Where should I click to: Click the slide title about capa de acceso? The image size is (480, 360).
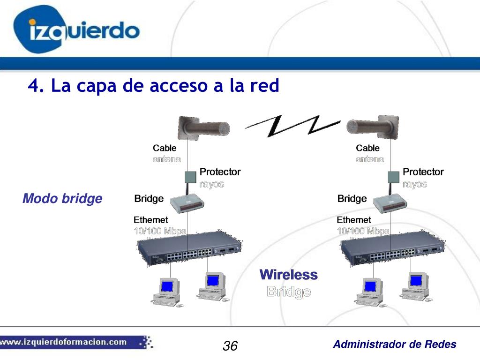[153, 86]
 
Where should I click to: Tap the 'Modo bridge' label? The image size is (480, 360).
[62, 199]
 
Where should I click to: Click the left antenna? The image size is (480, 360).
[203, 127]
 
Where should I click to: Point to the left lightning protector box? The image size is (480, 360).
[190, 177]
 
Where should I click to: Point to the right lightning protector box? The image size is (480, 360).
[394, 177]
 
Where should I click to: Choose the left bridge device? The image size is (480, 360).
[187, 202]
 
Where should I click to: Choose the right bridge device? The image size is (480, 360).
[390, 202]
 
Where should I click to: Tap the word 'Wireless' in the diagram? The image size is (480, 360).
[288, 275]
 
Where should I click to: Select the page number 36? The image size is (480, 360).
[230, 346]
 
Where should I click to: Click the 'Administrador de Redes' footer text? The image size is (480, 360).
[394, 345]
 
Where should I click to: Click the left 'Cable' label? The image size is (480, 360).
[165, 148]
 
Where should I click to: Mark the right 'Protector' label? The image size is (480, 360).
[423, 172]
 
